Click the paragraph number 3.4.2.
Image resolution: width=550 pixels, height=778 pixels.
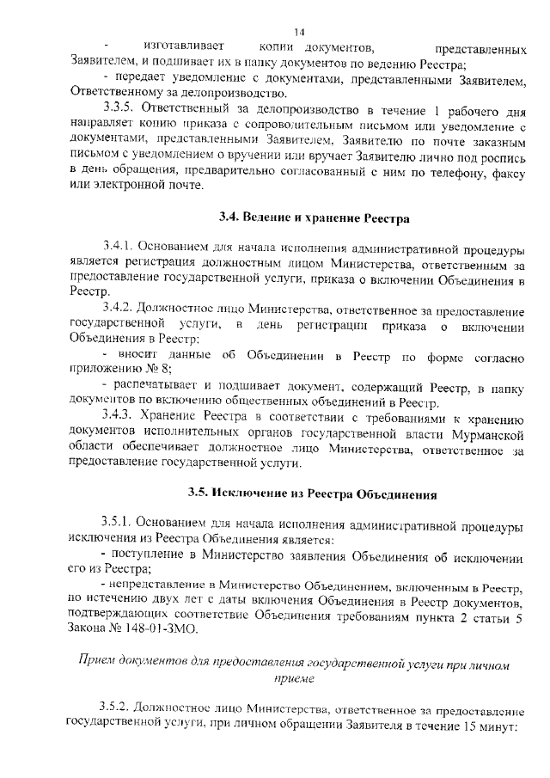coord(118,307)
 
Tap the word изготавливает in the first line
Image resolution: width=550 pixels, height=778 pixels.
coord(184,47)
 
